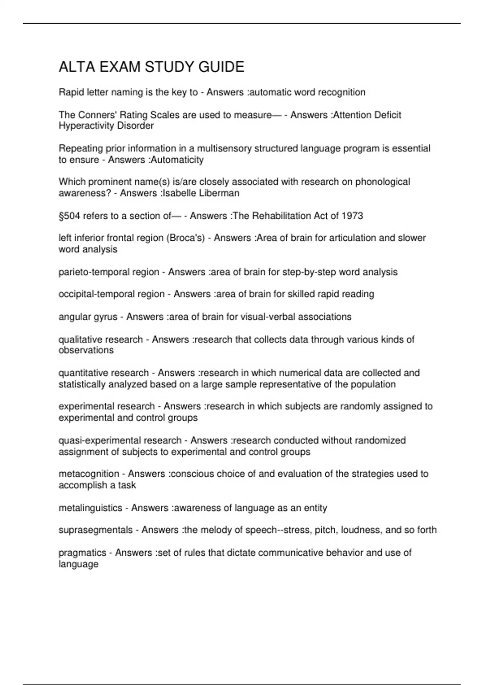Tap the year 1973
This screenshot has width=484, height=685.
[352, 216]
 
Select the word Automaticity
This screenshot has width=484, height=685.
[177, 160]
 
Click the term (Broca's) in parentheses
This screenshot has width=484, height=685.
[186, 238]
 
